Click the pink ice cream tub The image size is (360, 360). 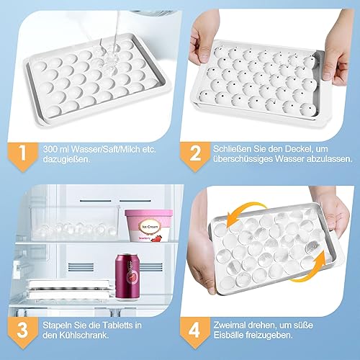pyautogui.click(x=148, y=225)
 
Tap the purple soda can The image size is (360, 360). pyautogui.click(x=127, y=277)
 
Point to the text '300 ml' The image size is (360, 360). pyautogui.click(x=55, y=149)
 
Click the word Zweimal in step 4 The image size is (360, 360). pyautogui.click(x=229, y=325)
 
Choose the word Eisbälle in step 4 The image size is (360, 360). pyautogui.click(x=228, y=336)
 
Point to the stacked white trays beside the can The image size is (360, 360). pyautogui.click(x=71, y=289)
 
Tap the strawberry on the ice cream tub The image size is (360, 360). pyautogui.click(x=158, y=238)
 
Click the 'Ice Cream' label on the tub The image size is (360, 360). pyautogui.click(x=150, y=227)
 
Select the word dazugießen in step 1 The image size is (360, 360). pyautogui.click(x=66, y=159)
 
